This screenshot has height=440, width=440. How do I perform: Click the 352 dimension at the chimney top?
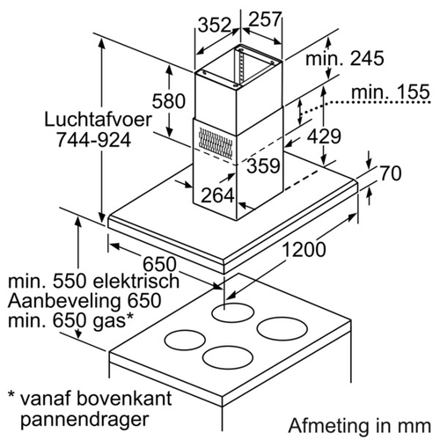(x=215, y=25)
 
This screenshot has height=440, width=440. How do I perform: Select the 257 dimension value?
(x=266, y=19)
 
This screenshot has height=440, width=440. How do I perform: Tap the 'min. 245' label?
(x=345, y=58)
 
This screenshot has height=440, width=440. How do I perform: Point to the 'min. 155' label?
(x=391, y=92)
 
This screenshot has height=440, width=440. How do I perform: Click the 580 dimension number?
(x=169, y=101)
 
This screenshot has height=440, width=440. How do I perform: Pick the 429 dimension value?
(x=324, y=136)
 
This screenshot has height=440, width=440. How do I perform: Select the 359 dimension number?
(x=263, y=165)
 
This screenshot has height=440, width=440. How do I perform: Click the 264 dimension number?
(x=217, y=195)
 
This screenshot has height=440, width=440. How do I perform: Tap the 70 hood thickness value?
(x=391, y=173)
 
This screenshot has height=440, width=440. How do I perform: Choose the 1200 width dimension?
(x=304, y=249)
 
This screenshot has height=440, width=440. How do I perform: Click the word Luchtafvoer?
(x=99, y=120)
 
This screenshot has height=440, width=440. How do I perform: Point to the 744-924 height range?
(x=93, y=140)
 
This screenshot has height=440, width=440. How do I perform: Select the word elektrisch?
(x=136, y=281)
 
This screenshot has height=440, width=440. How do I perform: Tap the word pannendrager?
(x=84, y=420)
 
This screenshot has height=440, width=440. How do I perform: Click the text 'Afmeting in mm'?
(x=360, y=425)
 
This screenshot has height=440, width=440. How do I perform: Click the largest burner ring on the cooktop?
(x=282, y=329)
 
